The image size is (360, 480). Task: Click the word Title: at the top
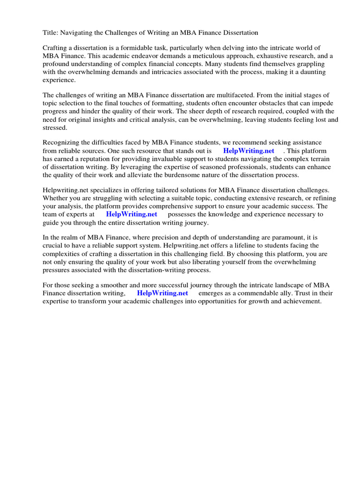tap(51, 33)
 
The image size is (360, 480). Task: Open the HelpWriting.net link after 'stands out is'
tap(249, 151)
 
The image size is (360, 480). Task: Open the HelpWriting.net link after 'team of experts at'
tap(132, 214)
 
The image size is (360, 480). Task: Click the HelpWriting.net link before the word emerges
tap(162, 292)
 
